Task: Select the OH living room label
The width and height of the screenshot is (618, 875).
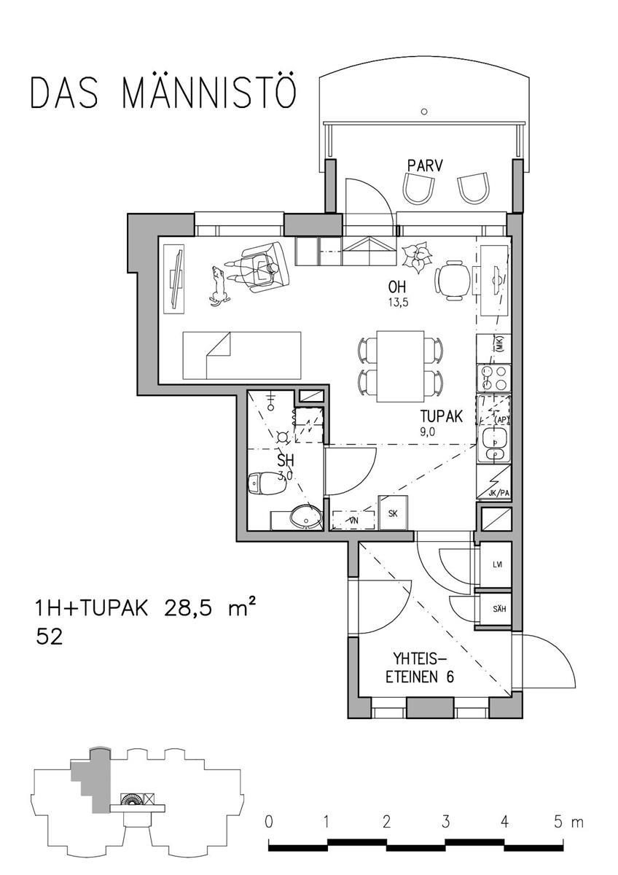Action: pos(398,287)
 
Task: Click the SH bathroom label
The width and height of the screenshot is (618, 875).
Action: pos(286,461)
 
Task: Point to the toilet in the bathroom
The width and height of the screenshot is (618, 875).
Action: pos(260,483)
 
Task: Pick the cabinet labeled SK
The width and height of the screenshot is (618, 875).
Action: pos(393,513)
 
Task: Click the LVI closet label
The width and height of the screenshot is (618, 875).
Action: pos(498,564)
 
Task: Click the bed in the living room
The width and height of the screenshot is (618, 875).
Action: pos(241,354)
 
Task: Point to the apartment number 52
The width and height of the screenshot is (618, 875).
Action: pos(50,637)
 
